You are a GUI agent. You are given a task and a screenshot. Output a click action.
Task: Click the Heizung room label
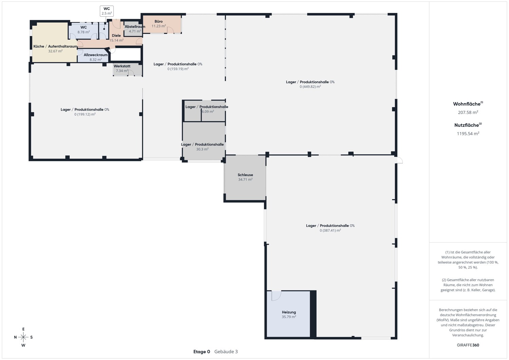point(289,312)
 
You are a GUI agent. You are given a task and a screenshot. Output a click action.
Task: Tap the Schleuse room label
point(245,175)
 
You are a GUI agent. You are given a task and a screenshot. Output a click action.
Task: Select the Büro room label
point(158,21)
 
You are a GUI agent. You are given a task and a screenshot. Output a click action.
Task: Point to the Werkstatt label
point(122,66)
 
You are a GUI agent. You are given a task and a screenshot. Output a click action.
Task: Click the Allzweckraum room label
point(96,55)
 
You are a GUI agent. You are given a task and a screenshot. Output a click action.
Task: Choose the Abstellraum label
point(135,26)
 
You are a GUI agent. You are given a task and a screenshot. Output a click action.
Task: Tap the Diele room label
point(116,35)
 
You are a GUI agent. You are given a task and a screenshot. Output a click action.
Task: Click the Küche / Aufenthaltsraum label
point(55,46)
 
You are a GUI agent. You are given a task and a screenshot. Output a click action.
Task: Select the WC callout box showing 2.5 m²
point(107,11)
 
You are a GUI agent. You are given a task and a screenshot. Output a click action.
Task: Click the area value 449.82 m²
point(310,87)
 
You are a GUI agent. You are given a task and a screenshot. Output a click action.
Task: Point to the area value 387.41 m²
point(330,230)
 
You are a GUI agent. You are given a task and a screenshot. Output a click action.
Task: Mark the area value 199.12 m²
point(85,114)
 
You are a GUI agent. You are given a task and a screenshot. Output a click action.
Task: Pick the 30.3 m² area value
point(202,149)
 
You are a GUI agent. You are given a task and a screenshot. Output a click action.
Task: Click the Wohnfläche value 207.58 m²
point(468,112)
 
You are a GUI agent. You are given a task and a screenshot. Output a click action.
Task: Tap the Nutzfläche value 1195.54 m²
point(468,133)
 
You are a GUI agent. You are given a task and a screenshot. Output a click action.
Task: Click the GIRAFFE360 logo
point(468,345)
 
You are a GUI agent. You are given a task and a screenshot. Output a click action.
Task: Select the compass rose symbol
point(23,337)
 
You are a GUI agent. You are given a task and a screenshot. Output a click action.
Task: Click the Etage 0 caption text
point(202,352)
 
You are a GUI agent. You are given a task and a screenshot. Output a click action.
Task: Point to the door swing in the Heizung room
point(276,296)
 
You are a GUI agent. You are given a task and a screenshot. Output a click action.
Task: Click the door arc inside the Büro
point(170,30)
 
